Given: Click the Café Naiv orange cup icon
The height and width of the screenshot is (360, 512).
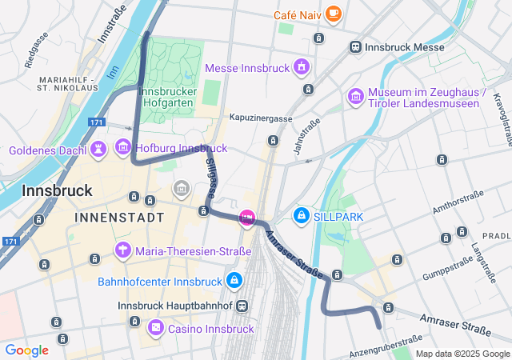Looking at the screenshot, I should tap(333, 14).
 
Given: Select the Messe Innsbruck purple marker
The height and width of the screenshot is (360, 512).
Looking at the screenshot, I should tap(301, 66).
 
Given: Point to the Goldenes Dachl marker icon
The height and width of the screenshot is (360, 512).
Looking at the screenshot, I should tap(98, 149).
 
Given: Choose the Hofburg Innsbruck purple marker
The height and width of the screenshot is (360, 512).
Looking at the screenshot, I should tap(122, 147).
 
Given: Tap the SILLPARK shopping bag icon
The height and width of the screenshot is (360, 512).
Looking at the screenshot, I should tap(302, 215).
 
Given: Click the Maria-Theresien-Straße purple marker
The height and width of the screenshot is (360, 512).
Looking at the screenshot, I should tap(123, 250).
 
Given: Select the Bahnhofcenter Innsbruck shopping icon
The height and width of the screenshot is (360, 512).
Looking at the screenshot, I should tap(234, 281).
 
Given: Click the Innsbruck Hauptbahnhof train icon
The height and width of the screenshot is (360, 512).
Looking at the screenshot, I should tap(242, 306).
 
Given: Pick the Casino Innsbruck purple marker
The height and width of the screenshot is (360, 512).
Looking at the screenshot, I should tap(156, 327).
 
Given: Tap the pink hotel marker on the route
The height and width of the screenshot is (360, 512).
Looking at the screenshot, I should tap(247, 217).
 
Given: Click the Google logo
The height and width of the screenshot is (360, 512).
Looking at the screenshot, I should tap(26, 350).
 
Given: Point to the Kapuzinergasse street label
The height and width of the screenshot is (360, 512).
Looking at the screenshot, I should tap(260, 118).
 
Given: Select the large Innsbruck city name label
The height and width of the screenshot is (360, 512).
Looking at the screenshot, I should tap(57, 191).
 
